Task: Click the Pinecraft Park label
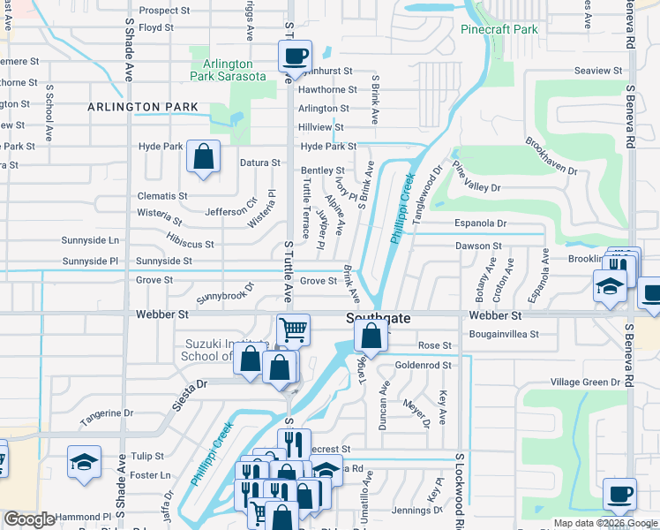tap(499, 29)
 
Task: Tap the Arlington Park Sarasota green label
tap(229, 70)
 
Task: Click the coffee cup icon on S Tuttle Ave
tap(295, 57)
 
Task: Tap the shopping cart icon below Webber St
tap(293, 330)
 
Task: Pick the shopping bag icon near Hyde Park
tap(203, 157)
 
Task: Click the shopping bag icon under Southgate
tap(371, 336)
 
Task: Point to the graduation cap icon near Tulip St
tap(84, 462)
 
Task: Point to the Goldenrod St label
tap(423, 364)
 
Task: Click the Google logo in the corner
tap(29, 519)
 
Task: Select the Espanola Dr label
tap(481, 224)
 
